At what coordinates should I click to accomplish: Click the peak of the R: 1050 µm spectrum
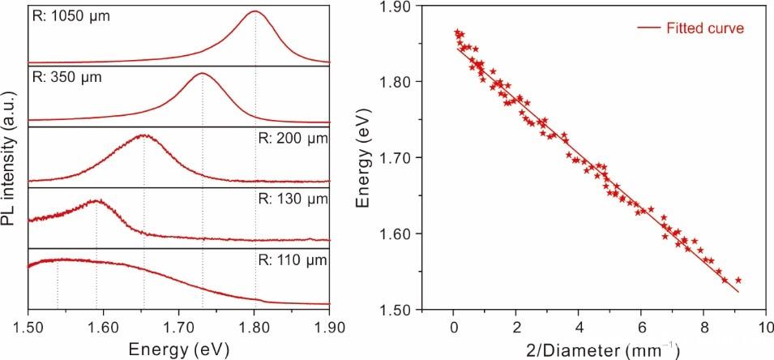[x=254, y=11]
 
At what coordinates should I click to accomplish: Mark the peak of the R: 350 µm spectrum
[x=201, y=74]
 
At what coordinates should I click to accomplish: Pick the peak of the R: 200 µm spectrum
[x=143, y=135]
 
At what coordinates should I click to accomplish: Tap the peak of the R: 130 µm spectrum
[x=96, y=200]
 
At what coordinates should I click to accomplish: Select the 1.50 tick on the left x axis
[x=28, y=321]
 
